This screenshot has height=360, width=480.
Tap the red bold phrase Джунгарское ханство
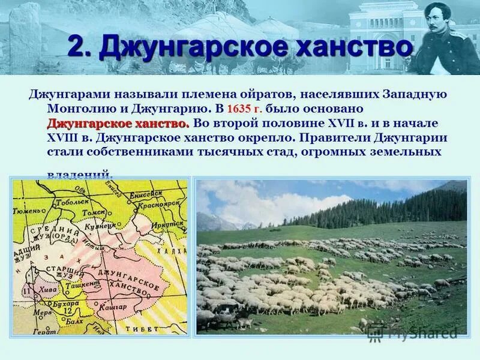coord(118,124)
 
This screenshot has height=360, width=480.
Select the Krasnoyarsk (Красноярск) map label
coord(160,204)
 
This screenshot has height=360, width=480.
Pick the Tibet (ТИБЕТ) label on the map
coord(138,329)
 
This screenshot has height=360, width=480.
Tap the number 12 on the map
coord(68,311)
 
